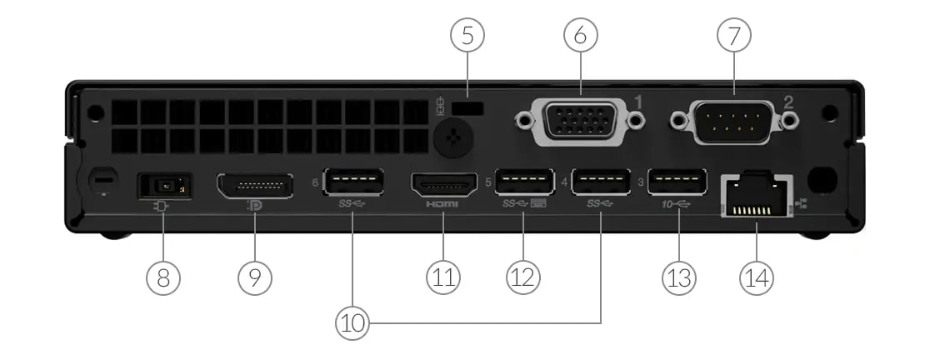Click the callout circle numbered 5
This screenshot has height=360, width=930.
coord(467,37)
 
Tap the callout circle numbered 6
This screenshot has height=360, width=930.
coord(581,37)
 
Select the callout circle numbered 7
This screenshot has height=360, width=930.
coord(734,37)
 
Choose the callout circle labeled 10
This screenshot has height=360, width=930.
coord(353,322)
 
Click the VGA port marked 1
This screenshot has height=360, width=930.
coord(580,122)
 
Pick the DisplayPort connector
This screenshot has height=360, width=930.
coord(255,185)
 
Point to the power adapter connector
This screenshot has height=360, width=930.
coord(163,185)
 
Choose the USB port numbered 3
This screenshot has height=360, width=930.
coord(677,182)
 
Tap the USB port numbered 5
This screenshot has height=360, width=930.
coord(524,182)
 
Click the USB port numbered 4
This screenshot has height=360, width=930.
coord(600,182)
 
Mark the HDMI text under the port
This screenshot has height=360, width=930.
coord(442,204)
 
